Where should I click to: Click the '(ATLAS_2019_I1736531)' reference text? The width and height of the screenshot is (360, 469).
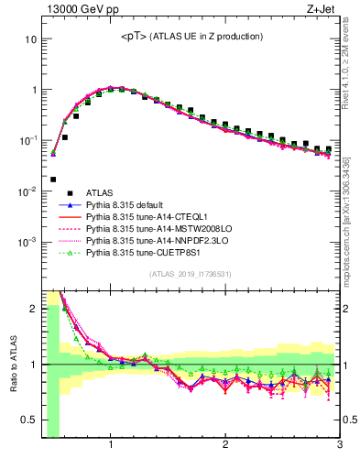(x=191, y=274)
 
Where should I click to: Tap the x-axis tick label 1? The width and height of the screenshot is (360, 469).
(x=110, y=446)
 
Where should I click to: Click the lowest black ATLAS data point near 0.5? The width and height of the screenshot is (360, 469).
(x=53, y=180)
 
